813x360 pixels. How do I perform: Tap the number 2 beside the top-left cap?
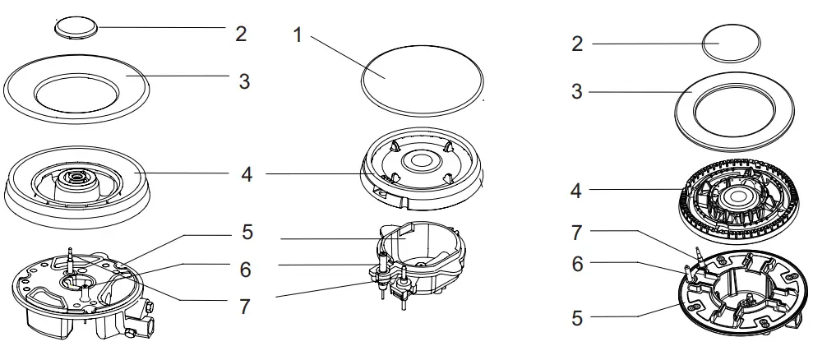tap(240, 34)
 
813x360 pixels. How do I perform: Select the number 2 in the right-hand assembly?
tap(577, 44)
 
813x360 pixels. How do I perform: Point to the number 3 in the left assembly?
tap(244, 81)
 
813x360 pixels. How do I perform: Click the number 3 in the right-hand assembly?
tap(577, 91)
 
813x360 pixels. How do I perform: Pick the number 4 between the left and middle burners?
tap(247, 174)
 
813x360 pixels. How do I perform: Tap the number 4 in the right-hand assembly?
tap(577, 192)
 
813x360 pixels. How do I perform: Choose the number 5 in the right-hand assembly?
tap(577, 317)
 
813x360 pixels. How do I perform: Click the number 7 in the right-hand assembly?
tap(577, 233)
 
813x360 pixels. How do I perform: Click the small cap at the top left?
tap(76, 26)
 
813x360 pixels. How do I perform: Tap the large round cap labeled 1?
tap(422, 79)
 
